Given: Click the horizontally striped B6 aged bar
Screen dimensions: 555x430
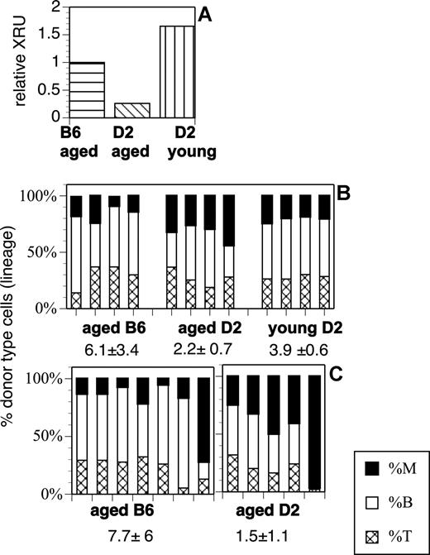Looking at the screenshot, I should click(x=86, y=90).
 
